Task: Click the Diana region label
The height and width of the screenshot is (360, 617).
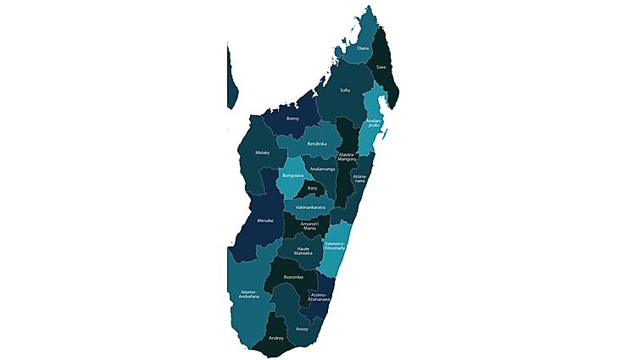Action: tap(363, 49)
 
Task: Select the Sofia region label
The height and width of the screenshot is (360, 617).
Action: tap(344, 90)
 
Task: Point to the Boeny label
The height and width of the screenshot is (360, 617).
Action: tap(292, 119)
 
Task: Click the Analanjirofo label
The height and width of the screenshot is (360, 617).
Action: tap(374, 124)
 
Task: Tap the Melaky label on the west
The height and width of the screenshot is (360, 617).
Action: tap(262, 152)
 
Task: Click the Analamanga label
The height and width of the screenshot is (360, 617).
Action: tap(322, 169)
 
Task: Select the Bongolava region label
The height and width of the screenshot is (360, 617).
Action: tap(292, 176)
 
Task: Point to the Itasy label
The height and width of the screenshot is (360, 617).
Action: tap(313, 188)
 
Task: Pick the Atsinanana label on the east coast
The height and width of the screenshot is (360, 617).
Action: tap(359, 179)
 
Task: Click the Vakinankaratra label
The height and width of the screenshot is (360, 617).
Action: tap(311, 207)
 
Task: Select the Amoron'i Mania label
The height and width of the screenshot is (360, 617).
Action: tap(303, 226)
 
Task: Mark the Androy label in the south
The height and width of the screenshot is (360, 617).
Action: tap(275, 338)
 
